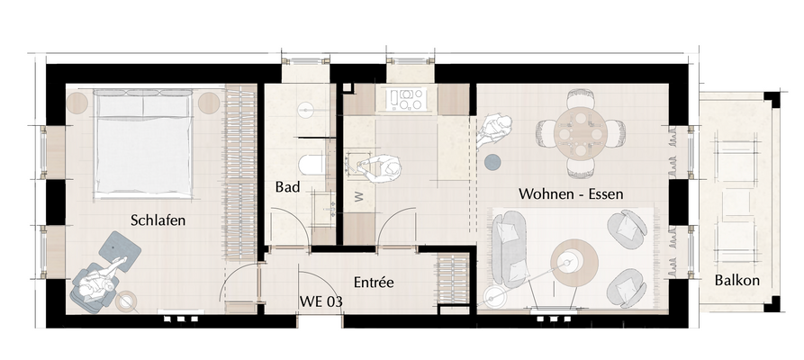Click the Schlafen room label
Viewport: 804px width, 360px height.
(x=158, y=220)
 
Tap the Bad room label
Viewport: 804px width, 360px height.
(x=287, y=188)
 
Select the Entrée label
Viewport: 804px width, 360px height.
(x=374, y=282)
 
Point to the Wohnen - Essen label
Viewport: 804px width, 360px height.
(x=571, y=193)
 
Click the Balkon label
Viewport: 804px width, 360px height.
(x=736, y=280)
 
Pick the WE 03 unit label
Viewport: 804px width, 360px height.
(x=320, y=301)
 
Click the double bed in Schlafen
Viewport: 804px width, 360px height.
(x=145, y=144)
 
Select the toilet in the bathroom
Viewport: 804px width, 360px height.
(x=312, y=163)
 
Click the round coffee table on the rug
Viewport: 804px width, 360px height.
(x=574, y=261)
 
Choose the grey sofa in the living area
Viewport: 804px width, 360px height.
(x=508, y=247)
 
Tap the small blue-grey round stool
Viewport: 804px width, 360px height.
(x=492, y=162)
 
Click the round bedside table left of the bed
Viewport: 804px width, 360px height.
(x=77, y=102)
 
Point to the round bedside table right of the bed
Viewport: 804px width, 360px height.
(x=209, y=102)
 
